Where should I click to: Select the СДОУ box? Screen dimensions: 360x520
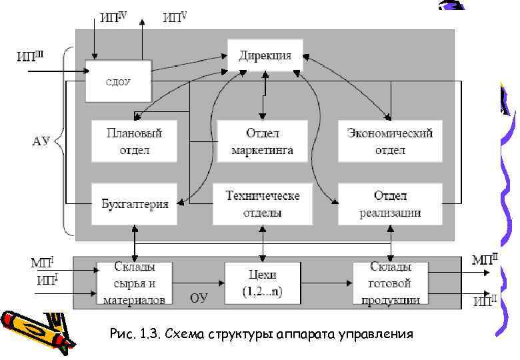tap(119, 81)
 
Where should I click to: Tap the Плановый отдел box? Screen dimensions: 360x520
tap(135, 141)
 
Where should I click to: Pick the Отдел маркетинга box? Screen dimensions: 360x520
tap(262, 141)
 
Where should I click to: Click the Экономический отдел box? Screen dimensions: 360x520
tap(390, 141)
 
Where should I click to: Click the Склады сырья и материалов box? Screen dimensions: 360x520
tap(134, 283)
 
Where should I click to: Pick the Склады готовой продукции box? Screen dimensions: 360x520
tap(390, 283)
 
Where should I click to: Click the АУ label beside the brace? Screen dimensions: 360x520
tap(41, 141)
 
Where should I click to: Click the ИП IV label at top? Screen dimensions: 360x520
tap(113, 17)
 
